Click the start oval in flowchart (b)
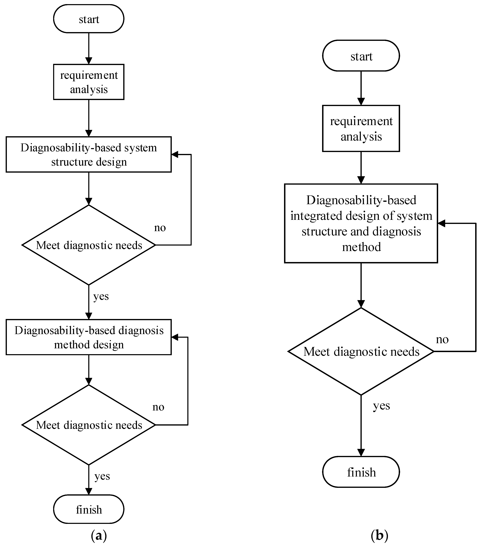pyautogui.click(x=361, y=56)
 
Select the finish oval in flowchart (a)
pyautogui.click(x=89, y=510)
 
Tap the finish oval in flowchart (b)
pyautogui.click(x=361, y=472)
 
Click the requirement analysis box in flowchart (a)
pyautogui.click(x=89, y=82)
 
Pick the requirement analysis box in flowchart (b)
pyautogui.click(x=361, y=129)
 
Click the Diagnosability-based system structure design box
pyautogui.click(x=89, y=154)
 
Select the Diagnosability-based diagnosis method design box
pyautogui.click(x=89, y=337)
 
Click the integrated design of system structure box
pyautogui.click(x=361, y=223)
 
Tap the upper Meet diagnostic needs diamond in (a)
pyautogui.click(x=89, y=245)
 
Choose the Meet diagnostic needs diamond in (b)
pyautogui.click(x=361, y=352)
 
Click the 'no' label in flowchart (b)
pyautogui.click(x=442, y=340)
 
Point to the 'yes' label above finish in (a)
pyautogui.click(x=102, y=476)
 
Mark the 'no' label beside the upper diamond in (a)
pyautogui.click(x=160, y=228)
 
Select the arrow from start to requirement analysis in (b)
pyautogui.click(x=361, y=88)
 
